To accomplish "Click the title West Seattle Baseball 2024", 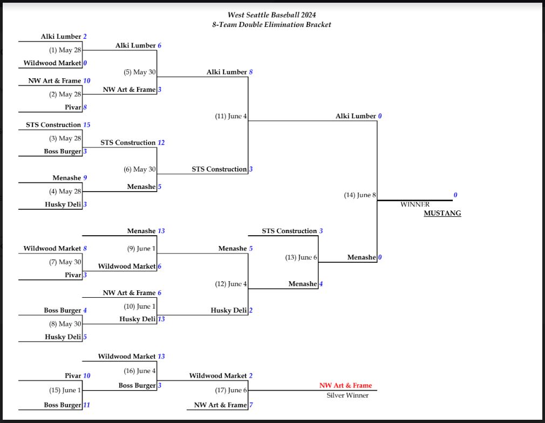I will pyautogui.click(x=271, y=15).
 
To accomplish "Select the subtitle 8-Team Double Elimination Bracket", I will pyautogui.click(x=271, y=25).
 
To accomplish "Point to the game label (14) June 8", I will pyautogui.click(x=359, y=195).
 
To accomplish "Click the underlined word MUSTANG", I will pyautogui.click(x=442, y=214).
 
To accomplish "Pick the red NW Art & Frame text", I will pyautogui.click(x=345, y=386).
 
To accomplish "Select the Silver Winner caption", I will pyautogui.click(x=348, y=395).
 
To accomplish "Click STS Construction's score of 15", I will pyautogui.click(x=86, y=125).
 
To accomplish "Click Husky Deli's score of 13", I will pyautogui.click(x=161, y=319).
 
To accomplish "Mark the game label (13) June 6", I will pyautogui.click(x=301, y=257).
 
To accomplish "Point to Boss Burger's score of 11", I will pyautogui.click(x=86, y=405).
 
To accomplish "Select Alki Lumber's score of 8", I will pyautogui.click(x=250, y=72).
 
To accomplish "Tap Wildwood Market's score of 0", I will pyautogui.click(x=85, y=64).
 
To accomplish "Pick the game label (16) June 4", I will pyautogui.click(x=140, y=371).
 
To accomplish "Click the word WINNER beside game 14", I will pyautogui.click(x=415, y=204).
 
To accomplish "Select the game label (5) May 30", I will pyautogui.click(x=140, y=72).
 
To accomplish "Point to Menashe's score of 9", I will pyautogui.click(x=85, y=178).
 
